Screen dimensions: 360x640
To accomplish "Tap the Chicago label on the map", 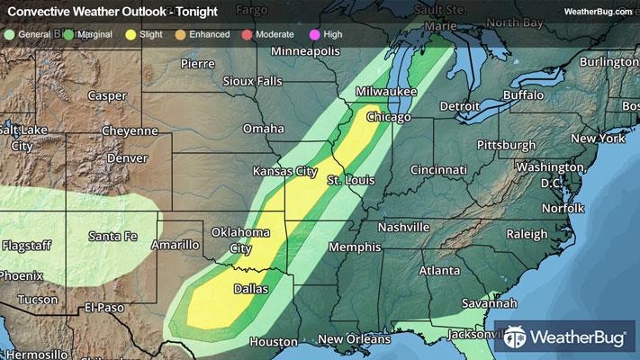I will [x=389, y=118].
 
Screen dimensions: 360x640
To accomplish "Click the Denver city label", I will [x=127, y=157].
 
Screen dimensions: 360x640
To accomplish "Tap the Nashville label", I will [x=405, y=228].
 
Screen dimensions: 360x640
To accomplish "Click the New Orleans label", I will [x=355, y=339].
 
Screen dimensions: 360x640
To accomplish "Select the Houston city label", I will [x=274, y=342].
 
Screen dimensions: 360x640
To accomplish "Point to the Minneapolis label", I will [x=308, y=50].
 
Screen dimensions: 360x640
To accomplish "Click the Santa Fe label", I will [x=113, y=236].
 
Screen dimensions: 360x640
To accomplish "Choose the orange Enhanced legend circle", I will [x=184, y=33].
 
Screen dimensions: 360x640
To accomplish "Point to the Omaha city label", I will [x=263, y=129].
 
